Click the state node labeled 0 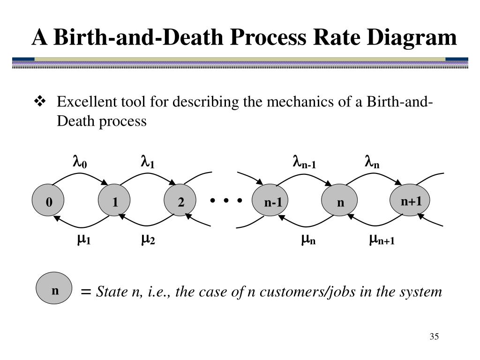pyautogui.click(x=49, y=202)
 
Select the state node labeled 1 pyautogui.click(x=115, y=202)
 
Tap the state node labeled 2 pyautogui.click(x=181, y=202)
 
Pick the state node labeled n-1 pyautogui.click(x=272, y=202)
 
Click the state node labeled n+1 pyautogui.click(x=411, y=202)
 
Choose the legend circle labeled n pyautogui.click(x=55, y=291)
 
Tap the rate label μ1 pyautogui.click(x=84, y=240)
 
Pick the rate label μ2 pyautogui.click(x=148, y=240)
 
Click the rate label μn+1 pyautogui.click(x=382, y=240)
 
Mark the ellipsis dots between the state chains pyautogui.click(x=226, y=201)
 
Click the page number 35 pyautogui.click(x=433, y=337)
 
